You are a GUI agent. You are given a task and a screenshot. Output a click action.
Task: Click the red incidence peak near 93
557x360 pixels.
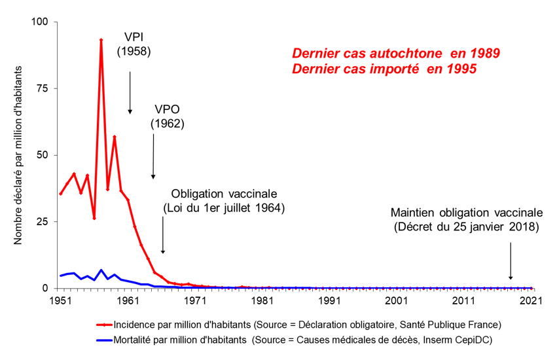point(101,40)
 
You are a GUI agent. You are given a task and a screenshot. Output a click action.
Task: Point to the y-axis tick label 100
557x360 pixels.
point(41,22)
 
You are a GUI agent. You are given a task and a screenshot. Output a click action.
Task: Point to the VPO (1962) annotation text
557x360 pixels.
point(168,115)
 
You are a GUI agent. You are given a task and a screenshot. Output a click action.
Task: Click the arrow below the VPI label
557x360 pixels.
point(130,92)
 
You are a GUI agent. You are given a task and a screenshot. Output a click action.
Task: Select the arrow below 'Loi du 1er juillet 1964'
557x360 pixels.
point(163,236)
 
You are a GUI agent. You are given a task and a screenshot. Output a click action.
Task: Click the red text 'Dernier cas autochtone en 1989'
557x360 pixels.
point(396,53)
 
